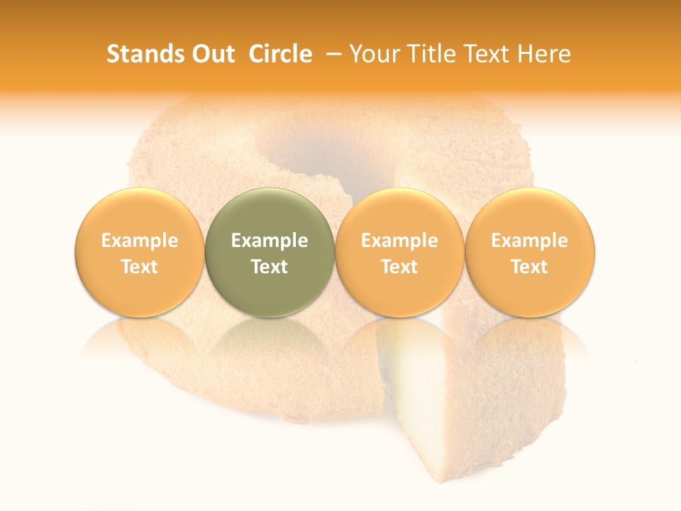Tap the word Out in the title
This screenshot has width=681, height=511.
[x=211, y=54]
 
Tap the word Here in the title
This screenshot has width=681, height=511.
[x=545, y=54]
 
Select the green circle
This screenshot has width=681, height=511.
[x=269, y=253]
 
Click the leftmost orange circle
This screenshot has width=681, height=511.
[x=139, y=253]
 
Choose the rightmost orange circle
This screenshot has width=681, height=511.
[x=529, y=253]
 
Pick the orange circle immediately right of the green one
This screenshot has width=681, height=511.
[x=399, y=253]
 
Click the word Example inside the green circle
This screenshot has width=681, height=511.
[x=269, y=241]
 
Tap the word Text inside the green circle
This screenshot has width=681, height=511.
[x=269, y=267]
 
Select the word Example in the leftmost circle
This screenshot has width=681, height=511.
[x=139, y=241]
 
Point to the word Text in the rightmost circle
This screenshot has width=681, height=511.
[x=529, y=267]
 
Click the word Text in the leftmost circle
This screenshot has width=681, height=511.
[x=139, y=267]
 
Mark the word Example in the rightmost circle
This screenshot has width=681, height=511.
[x=529, y=241]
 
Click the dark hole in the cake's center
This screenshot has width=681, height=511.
[x=323, y=149]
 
